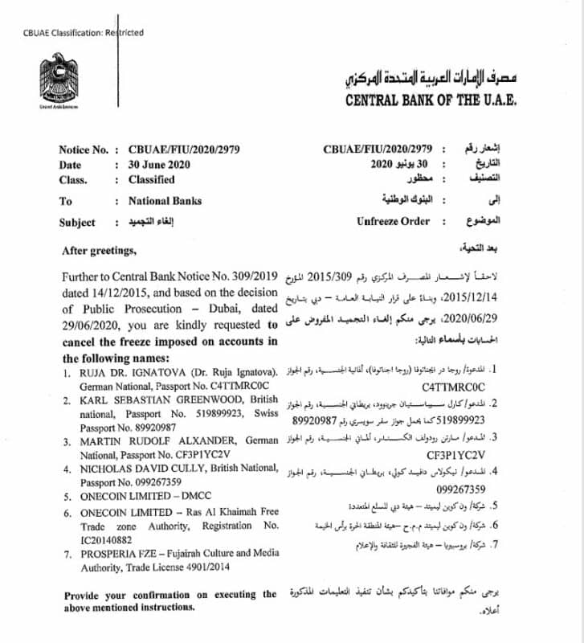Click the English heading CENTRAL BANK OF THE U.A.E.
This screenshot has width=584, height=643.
tap(431, 101)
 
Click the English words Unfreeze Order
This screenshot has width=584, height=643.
tap(394, 221)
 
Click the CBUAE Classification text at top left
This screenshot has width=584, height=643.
tap(84, 33)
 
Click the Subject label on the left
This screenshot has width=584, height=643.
tap(76, 223)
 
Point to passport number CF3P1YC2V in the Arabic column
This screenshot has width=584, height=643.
tap(455, 455)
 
